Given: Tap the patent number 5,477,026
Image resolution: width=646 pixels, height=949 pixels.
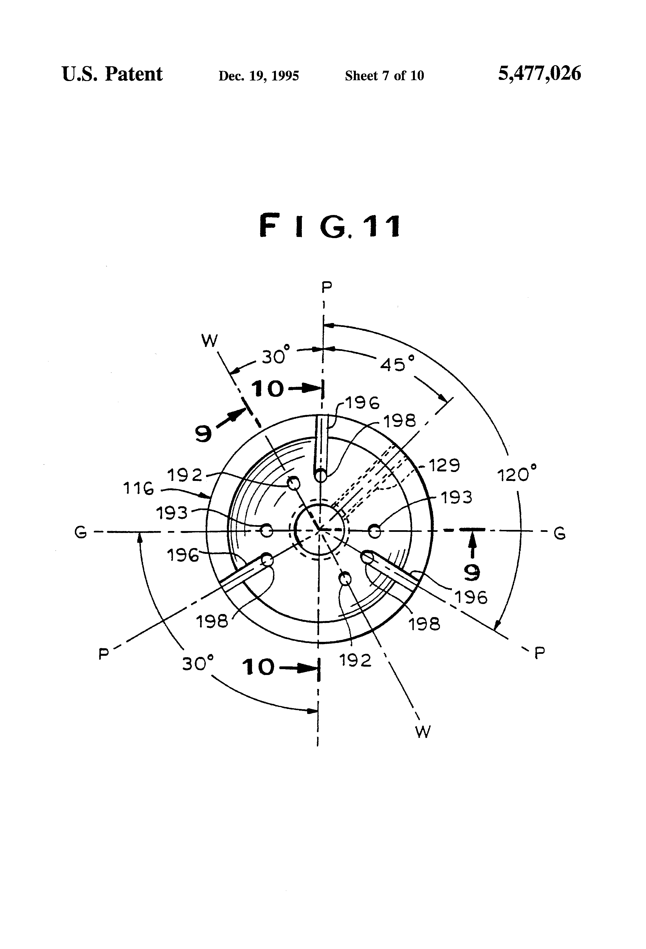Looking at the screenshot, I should click(x=539, y=74).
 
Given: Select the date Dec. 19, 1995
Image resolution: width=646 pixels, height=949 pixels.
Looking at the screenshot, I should click(x=258, y=76).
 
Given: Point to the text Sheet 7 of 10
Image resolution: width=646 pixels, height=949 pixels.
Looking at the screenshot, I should click(x=384, y=76).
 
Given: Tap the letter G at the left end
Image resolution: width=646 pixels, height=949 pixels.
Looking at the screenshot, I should click(x=80, y=532).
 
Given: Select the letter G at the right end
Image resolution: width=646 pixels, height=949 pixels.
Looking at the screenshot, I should click(x=559, y=533).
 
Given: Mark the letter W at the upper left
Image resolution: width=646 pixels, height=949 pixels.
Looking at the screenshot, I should click(x=209, y=340).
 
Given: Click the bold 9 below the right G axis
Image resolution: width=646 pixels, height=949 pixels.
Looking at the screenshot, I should click(x=472, y=573).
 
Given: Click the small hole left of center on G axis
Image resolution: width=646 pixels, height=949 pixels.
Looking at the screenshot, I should click(x=267, y=531).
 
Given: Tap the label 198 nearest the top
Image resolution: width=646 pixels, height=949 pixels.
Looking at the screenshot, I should click(x=399, y=420).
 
